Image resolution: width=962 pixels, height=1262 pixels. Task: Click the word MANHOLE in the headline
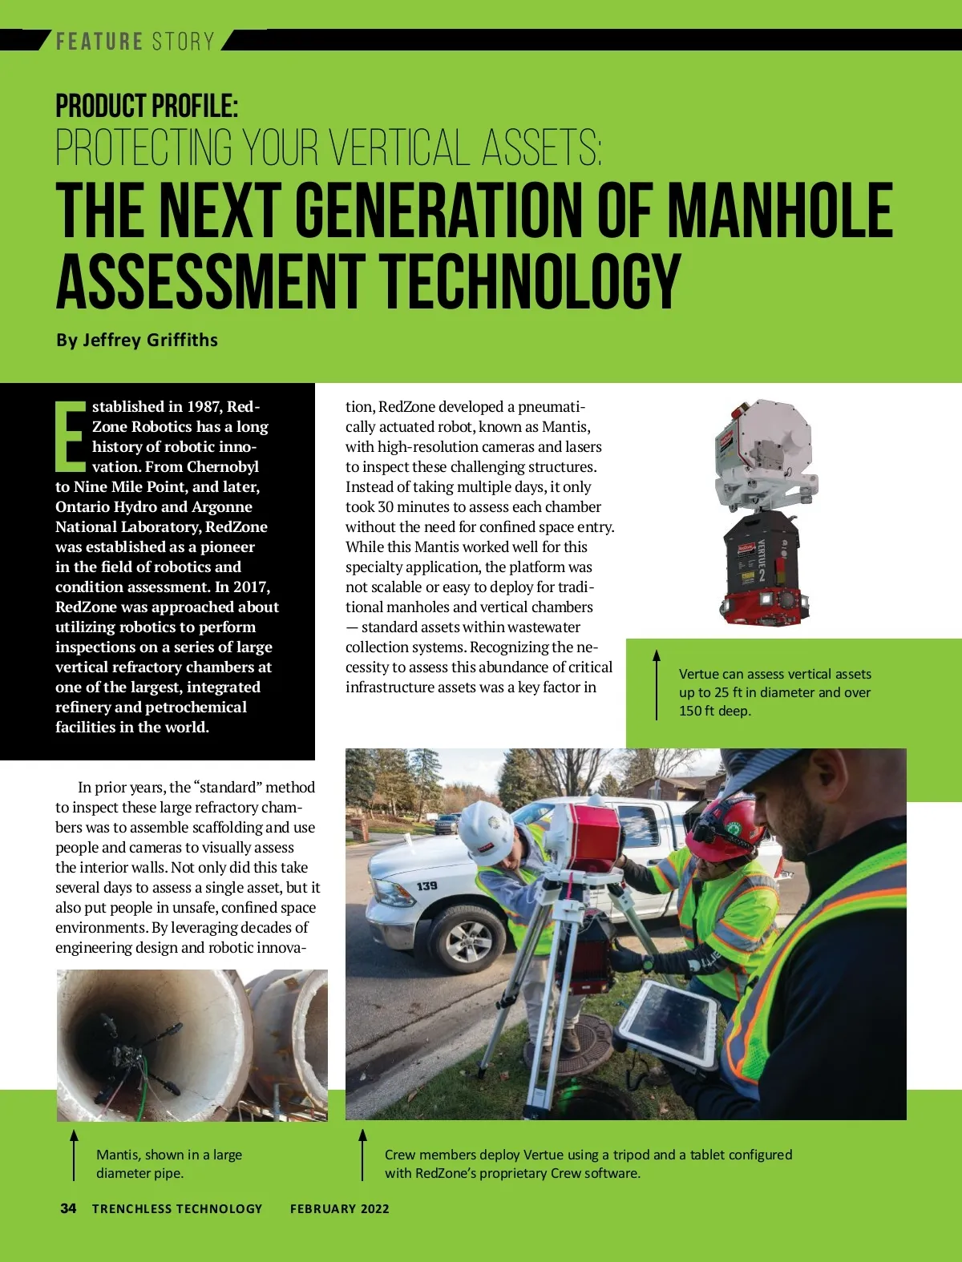click(x=780, y=210)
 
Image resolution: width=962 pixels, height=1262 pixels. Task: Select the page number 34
click(x=68, y=1208)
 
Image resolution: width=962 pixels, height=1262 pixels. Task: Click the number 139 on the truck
click(x=426, y=885)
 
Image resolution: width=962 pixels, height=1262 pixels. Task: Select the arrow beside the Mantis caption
click(x=74, y=1155)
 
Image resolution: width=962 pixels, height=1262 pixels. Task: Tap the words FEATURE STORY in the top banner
click(x=135, y=41)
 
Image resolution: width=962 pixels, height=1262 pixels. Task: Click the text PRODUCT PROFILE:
click(x=147, y=106)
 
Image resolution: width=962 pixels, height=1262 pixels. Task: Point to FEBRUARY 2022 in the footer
click(x=339, y=1208)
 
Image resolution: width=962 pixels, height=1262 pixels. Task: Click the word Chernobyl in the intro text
click(x=223, y=466)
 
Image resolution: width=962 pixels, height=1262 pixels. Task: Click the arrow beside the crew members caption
click(x=362, y=1155)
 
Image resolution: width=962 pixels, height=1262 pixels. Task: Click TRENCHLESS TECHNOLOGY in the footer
click(x=177, y=1208)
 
